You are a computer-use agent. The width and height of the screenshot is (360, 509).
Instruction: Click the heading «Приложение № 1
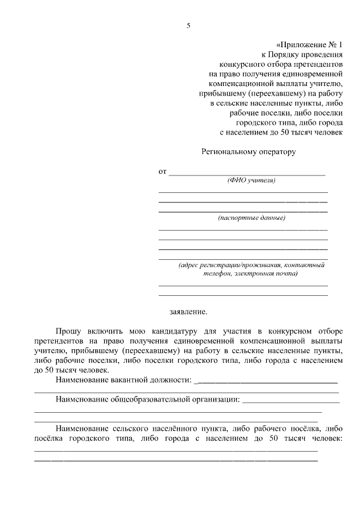[x=309, y=44]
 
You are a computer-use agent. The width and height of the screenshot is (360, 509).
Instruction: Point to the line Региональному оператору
[x=249, y=151]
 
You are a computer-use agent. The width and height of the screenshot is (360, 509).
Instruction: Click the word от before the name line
[x=163, y=172]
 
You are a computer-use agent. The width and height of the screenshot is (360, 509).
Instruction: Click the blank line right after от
[x=247, y=173]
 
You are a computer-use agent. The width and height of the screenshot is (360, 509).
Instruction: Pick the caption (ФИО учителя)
[x=251, y=181]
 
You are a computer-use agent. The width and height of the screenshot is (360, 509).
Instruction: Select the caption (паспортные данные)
[x=251, y=217]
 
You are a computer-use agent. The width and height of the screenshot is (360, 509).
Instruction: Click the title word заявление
[x=188, y=311]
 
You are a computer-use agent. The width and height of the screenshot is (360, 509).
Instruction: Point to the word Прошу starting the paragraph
[x=69, y=332]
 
